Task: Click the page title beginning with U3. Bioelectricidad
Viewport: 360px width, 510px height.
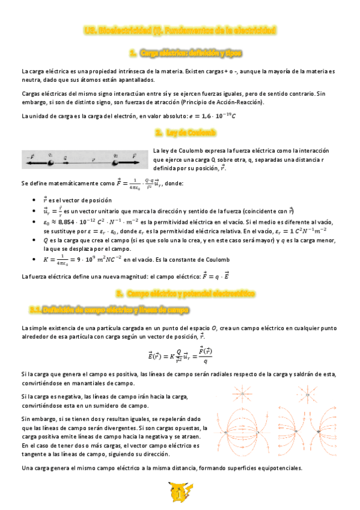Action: pyautogui.click(x=180, y=29)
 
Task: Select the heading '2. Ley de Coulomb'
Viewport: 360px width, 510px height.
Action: pyautogui.click(x=180, y=131)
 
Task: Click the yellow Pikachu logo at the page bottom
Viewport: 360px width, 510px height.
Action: pyautogui.click(x=180, y=493)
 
